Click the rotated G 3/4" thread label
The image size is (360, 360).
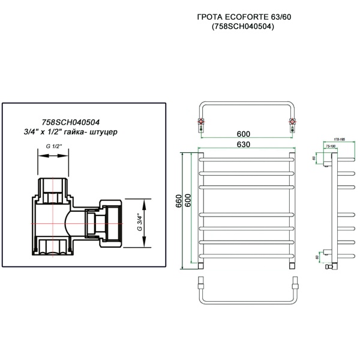click(x=138, y=223)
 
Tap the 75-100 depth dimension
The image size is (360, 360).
click(x=329, y=146)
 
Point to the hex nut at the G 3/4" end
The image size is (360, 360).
click(x=114, y=223)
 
